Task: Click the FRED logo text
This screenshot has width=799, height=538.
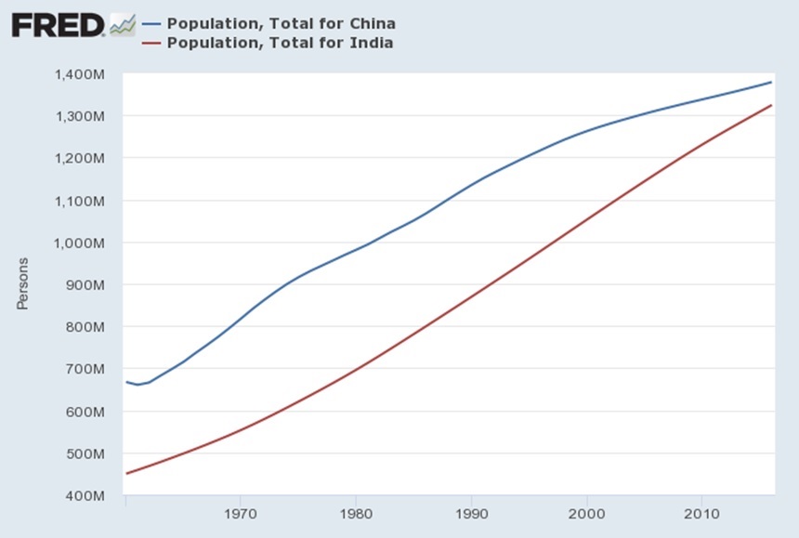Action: click(58, 25)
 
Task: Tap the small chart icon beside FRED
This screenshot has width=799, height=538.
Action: click(122, 25)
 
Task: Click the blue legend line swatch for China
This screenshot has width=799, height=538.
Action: click(151, 23)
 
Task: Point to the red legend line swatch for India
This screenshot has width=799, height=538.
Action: click(151, 43)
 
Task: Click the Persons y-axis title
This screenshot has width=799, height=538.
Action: click(22, 284)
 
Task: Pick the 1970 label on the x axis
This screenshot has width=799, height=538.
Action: click(241, 513)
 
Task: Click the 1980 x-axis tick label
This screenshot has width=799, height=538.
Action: click(356, 513)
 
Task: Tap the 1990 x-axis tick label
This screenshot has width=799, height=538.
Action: click(471, 513)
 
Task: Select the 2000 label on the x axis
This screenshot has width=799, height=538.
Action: click(586, 513)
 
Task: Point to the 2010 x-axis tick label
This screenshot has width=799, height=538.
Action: click(701, 513)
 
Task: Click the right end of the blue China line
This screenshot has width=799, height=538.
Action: click(771, 83)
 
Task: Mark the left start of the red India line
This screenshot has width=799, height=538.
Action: click(126, 474)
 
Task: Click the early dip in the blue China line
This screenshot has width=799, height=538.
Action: click(138, 385)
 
